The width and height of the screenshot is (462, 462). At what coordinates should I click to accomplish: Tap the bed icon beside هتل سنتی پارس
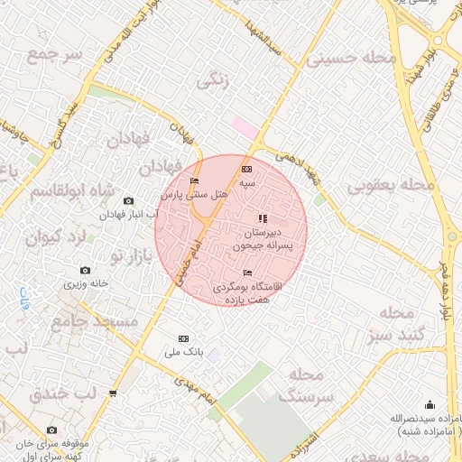coord(194,181)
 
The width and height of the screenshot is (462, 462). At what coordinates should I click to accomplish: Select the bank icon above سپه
coord(247,170)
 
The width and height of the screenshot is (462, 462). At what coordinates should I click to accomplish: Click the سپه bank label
coord(247,182)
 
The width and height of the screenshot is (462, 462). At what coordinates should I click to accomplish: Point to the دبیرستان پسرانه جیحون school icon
coord(263,218)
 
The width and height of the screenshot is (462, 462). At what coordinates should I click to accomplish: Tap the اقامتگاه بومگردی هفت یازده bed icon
coord(248,273)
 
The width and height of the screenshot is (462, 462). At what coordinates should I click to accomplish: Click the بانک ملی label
coord(184,351)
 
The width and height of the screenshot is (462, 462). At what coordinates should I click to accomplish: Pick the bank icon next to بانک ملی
coord(184,338)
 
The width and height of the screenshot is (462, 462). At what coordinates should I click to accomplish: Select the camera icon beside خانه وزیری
coord(86,270)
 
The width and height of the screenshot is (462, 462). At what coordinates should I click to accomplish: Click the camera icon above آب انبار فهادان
coord(128,200)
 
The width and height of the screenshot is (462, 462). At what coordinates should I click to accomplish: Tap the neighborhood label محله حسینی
coord(351,59)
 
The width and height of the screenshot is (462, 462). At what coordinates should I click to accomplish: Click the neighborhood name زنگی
coord(213,80)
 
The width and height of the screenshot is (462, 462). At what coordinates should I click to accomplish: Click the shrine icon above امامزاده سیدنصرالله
coord(430,404)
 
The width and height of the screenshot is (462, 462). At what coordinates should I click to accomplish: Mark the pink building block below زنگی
coord(245,126)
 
